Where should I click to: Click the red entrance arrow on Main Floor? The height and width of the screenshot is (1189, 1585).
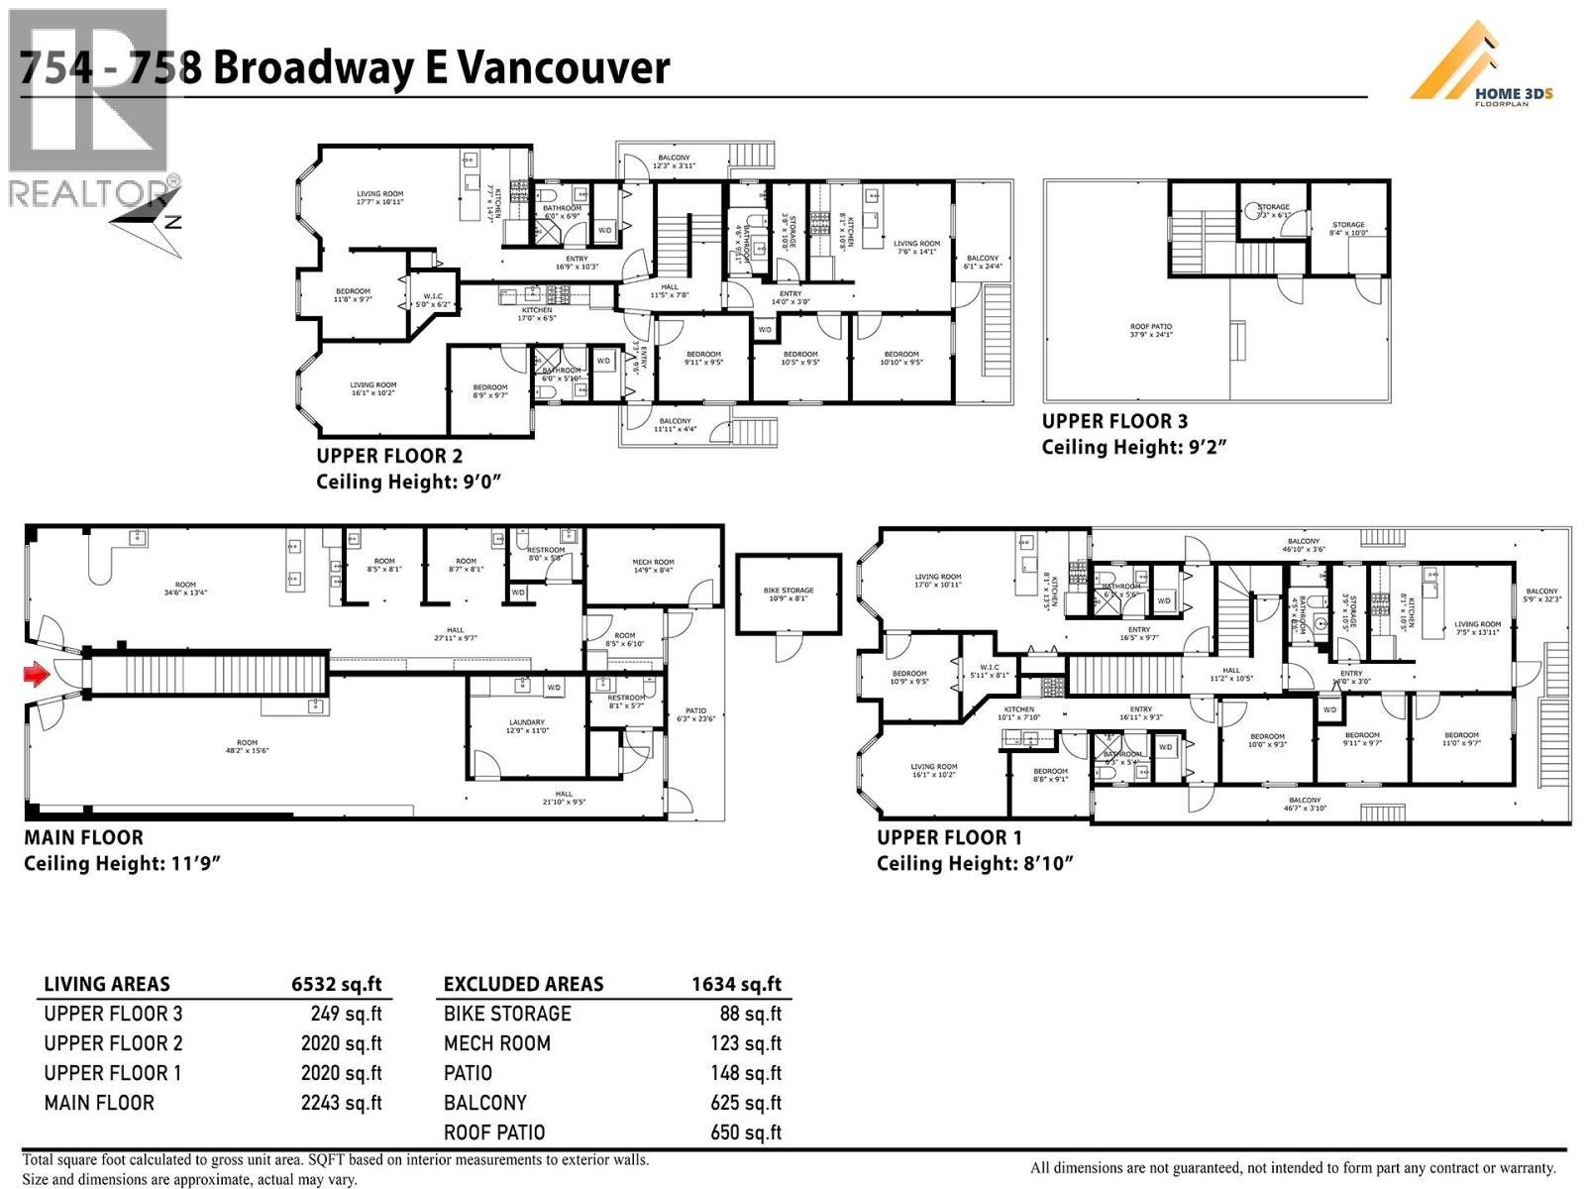click(37, 676)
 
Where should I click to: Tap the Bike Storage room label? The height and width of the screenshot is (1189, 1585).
click(789, 594)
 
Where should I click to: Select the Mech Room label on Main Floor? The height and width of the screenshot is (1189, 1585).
click(653, 566)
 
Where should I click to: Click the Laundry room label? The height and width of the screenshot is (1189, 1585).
click(526, 726)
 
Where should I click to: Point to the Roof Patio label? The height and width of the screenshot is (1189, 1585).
click(1151, 330)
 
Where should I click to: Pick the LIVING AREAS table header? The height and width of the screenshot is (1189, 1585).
click(107, 984)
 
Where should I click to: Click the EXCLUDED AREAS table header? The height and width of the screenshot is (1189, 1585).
click(523, 984)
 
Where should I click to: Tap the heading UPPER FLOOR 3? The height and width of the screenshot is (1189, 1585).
click(1114, 421)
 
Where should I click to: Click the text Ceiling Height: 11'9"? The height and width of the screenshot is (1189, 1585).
click(121, 863)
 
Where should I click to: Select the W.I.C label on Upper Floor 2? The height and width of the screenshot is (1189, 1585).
click(433, 299)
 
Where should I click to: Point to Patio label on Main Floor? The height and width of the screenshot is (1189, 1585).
click(694, 714)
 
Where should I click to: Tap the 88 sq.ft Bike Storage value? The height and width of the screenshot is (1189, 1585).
click(750, 1014)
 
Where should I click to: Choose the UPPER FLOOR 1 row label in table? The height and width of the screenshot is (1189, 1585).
click(113, 1073)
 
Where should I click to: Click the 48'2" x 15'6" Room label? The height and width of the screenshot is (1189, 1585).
click(247, 746)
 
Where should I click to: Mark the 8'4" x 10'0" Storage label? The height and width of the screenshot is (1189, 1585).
click(1348, 229)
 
